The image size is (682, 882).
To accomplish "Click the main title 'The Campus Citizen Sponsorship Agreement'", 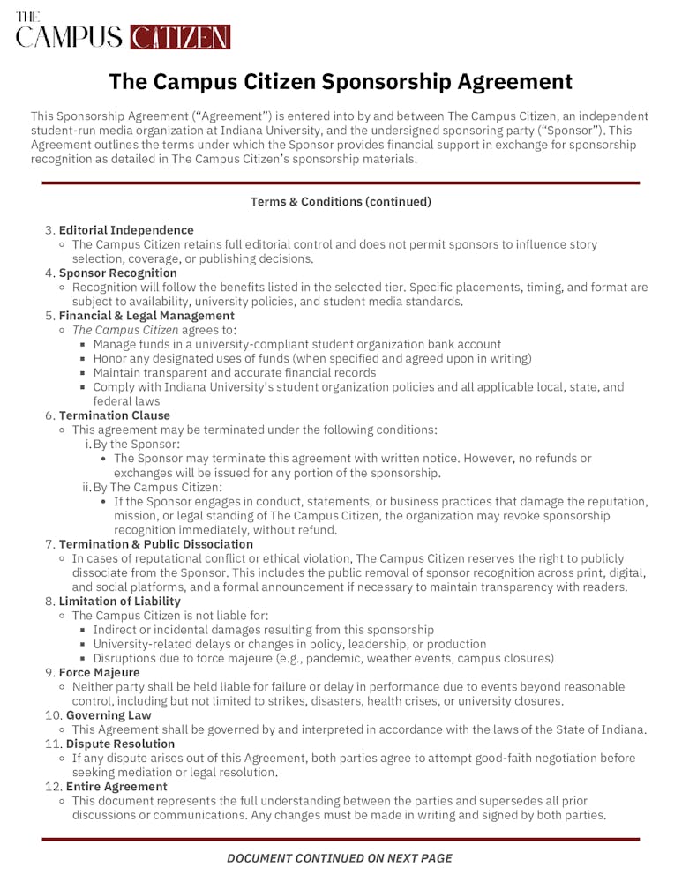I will pyautogui.click(x=341, y=82).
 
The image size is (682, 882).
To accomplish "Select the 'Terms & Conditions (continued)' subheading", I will pyautogui.click(x=341, y=202).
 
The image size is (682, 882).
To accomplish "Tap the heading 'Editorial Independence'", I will pyautogui.click(x=126, y=230).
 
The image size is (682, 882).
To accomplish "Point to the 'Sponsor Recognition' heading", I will pyautogui.click(x=117, y=273).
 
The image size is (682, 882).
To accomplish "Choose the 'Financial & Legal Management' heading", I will pyautogui.click(x=146, y=316).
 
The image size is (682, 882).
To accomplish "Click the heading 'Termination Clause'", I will pyautogui.click(x=115, y=415).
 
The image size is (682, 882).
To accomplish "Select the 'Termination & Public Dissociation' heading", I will pyautogui.click(x=156, y=544).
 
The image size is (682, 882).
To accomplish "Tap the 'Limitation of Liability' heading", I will pyautogui.click(x=120, y=601).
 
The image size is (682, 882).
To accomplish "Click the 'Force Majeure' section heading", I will pyautogui.click(x=99, y=672).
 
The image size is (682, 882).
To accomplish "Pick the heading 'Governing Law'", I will pyautogui.click(x=109, y=715).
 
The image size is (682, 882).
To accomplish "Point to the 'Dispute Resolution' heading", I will pyautogui.click(x=121, y=744).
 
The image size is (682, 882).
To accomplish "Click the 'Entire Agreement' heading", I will pyautogui.click(x=116, y=786).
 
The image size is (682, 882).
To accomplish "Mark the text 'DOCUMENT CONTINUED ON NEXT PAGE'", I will pyautogui.click(x=340, y=858).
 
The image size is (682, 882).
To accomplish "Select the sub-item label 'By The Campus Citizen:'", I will pyautogui.click(x=158, y=487).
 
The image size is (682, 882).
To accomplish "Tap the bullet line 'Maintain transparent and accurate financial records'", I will pyautogui.click(x=234, y=372).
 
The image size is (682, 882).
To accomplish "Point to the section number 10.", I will pyautogui.click(x=52, y=715).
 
